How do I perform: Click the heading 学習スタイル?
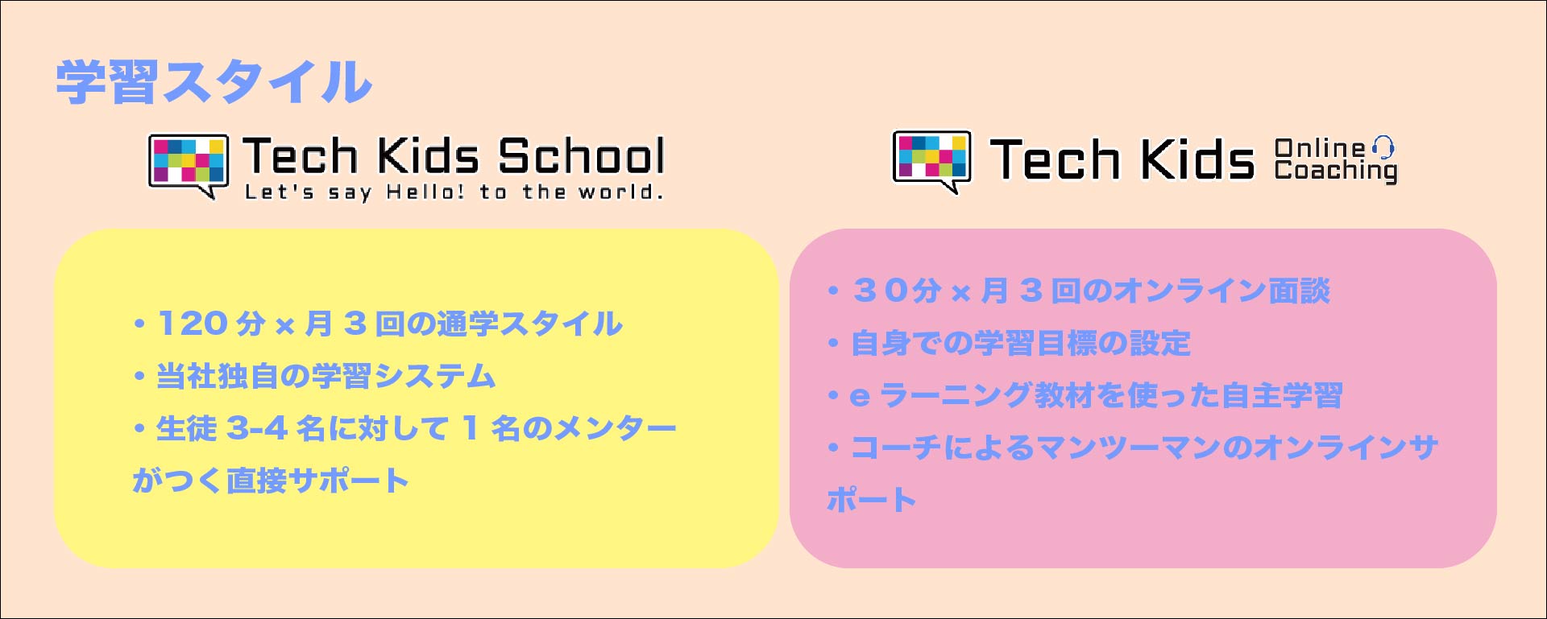(x=214, y=82)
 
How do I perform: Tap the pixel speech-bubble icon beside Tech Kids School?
(x=188, y=165)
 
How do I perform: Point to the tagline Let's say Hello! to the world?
(x=454, y=192)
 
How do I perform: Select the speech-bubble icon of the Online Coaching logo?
(x=932, y=161)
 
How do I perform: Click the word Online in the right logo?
(x=1320, y=148)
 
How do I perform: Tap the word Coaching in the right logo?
(x=1336, y=171)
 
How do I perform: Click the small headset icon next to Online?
(x=1383, y=146)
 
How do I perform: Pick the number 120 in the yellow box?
(x=192, y=324)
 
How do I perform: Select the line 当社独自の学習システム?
(x=326, y=376)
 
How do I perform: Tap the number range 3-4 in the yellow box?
(x=257, y=428)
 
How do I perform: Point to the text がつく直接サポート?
(x=271, y=481)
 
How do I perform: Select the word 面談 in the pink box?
(x=1300, y=291)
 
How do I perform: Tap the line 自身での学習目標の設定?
(x=1021, y=343)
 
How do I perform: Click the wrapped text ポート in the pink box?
(x=872, y=500)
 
